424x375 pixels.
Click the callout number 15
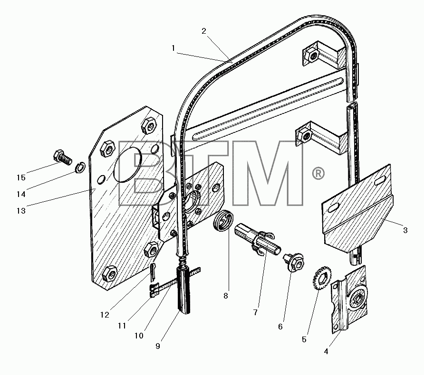pos(21,178)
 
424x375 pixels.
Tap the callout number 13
pos(21,211)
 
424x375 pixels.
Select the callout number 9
pos(158,346)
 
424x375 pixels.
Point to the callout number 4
pos(326,351)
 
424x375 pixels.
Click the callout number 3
pos(405,230)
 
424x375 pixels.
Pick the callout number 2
pos(204,31)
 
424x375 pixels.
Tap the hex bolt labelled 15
pos(63,157)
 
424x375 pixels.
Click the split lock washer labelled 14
pos(80,168)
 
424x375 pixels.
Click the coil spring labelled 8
pos(223,220)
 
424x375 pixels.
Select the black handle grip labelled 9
pos(183,291)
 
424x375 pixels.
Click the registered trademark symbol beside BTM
pos(318,174)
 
